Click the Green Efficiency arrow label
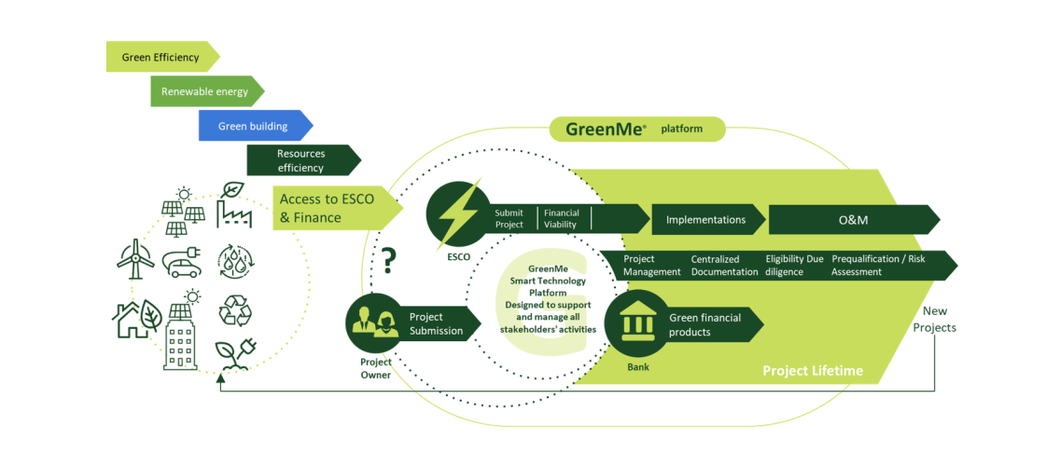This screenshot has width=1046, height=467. (x=161, y=57)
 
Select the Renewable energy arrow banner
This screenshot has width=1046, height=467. (x=205, y=91)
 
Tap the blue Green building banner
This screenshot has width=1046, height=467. (x=253, y=126)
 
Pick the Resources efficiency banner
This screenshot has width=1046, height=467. (x=300, y=160)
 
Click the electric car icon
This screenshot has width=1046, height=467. (x=183, y=263)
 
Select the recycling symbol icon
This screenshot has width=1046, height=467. (x=233, y=309)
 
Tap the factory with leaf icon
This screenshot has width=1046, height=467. (x=232, y=206)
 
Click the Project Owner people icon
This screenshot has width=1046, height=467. (x=375, y=323)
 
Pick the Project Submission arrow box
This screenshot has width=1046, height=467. (x=438, y=323)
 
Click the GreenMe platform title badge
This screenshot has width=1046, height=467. (x=635, y=129)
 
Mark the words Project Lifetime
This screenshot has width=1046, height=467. (x=812, y=371)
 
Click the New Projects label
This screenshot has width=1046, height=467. (x=934, y=320)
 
